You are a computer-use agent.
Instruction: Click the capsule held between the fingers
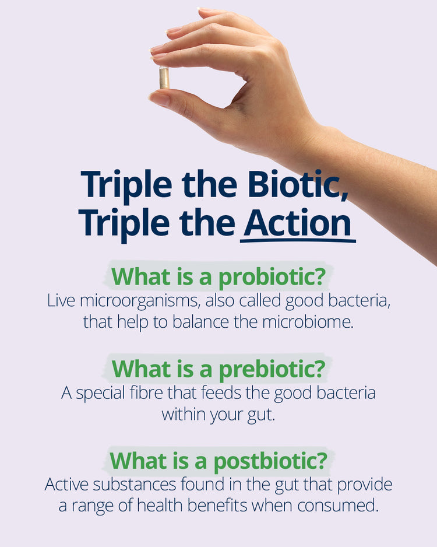coord(164,78)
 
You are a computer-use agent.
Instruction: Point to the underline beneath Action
coord(298,240)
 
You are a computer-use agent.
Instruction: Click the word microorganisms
coord(140,301)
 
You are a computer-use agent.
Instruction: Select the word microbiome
coord(308,322)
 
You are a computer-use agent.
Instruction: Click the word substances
coord(134,485)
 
